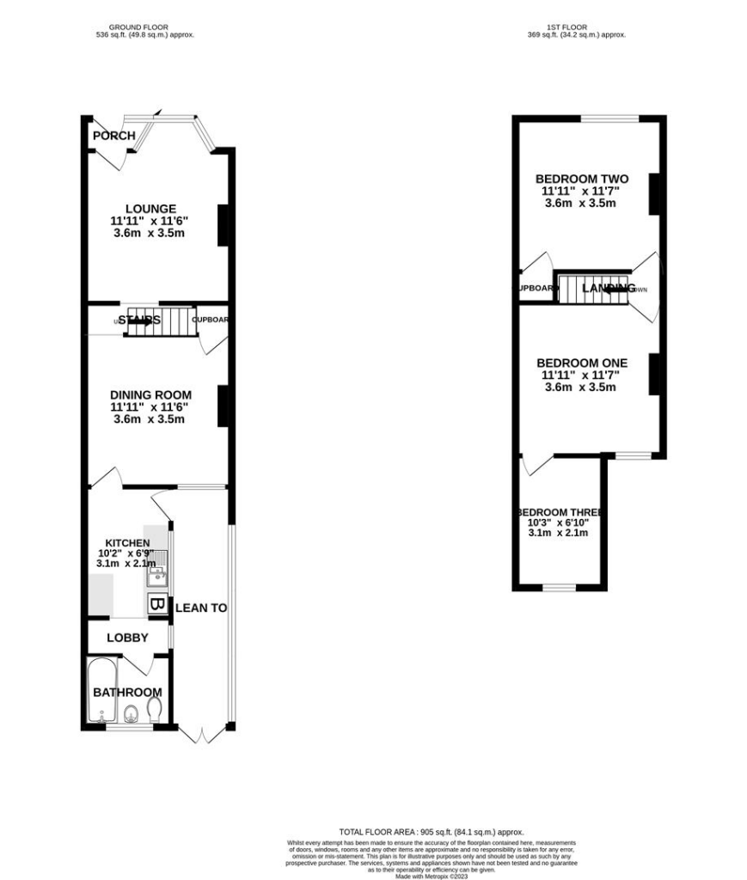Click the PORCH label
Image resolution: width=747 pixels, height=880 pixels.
pyautogui.click(x=113, y=136)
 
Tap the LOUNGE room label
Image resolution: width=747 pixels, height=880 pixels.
pyautogui.click(x=150, y=209)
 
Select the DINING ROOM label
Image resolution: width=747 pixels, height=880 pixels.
pyautogui.click(x=150, y=395)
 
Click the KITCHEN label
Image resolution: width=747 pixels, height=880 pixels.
pyautogui.click(x=127, y=543)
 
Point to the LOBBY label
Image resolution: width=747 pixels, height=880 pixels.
pyautogui.click(x=127, y=638)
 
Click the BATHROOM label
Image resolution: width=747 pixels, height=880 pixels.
pyautogui.click(x=127, y=693)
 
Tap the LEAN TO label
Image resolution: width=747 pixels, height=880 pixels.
pyautogui.click(x=201, y=608)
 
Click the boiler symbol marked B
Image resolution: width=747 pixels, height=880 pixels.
pyautogui.click(x=156, y=604)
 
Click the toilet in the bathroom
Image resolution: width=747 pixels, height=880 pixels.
pyautogui.click(x=154, y=710)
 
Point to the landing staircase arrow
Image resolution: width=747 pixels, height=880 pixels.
pyautogui.click(x=612, y=289)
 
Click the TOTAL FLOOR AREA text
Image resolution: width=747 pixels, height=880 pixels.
pyautogui.click(x=431, y=833)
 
